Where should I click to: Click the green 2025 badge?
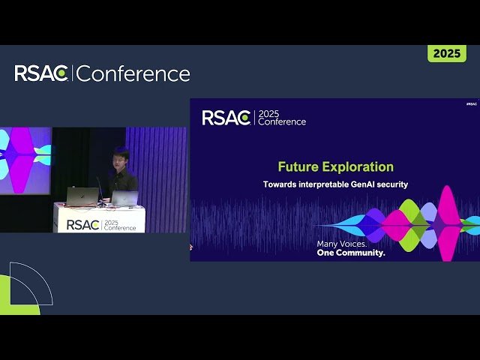pyautogui.click(x=446, y=53)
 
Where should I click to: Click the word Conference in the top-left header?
pyautogui.click(x=133, y=73)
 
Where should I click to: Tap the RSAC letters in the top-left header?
pyautogui.click(x=42, y=73)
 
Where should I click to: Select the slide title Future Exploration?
pyautogui.click(x=335, y=166)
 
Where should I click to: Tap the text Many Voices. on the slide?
pyautogui.click(x=342, y=244)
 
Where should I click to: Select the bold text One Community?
pyautogui.click(x=351, y=253)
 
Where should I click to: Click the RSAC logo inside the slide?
pyautogui.click(x=226, y=118)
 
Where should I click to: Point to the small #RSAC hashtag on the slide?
pyautogui.click(x=471, y=104)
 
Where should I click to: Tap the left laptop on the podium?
pyautogui.click(x=82, y=196)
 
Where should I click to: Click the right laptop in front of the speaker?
pyautogui.click(x=124, y=198)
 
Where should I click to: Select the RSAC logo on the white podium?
pyautogui.click(x=82, y=223)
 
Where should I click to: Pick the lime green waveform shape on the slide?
pyautogui.click(x=409, y=223)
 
